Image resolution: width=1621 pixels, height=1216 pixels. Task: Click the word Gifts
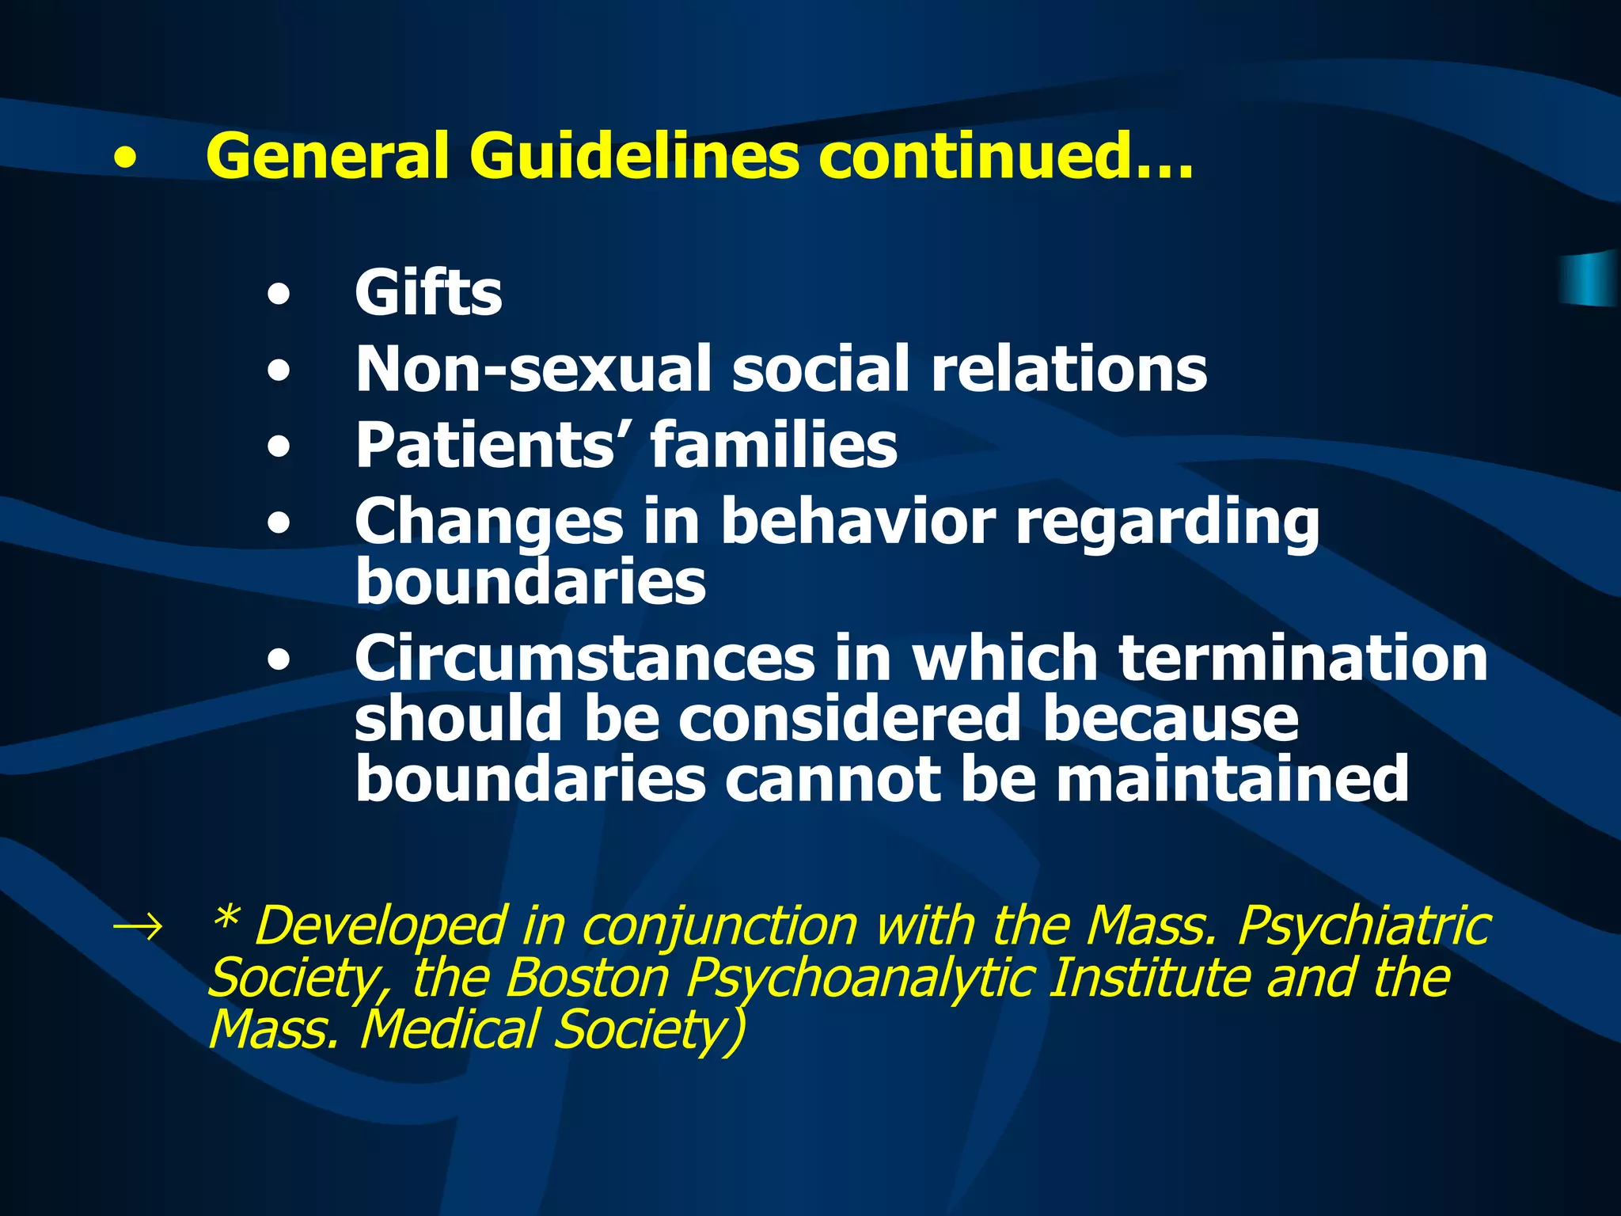(428, 293)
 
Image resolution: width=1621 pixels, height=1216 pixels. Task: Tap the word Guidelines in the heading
(634, 156)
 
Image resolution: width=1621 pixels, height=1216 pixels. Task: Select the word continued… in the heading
(1005, 156)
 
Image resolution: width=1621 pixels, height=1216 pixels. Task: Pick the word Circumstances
(584, 658)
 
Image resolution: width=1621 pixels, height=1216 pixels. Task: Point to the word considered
(850, 719)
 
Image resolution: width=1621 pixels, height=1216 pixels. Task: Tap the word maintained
(1232, 779)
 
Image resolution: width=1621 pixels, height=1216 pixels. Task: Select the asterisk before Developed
(226, 918)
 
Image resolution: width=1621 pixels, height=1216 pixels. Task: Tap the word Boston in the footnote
(588, 978)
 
